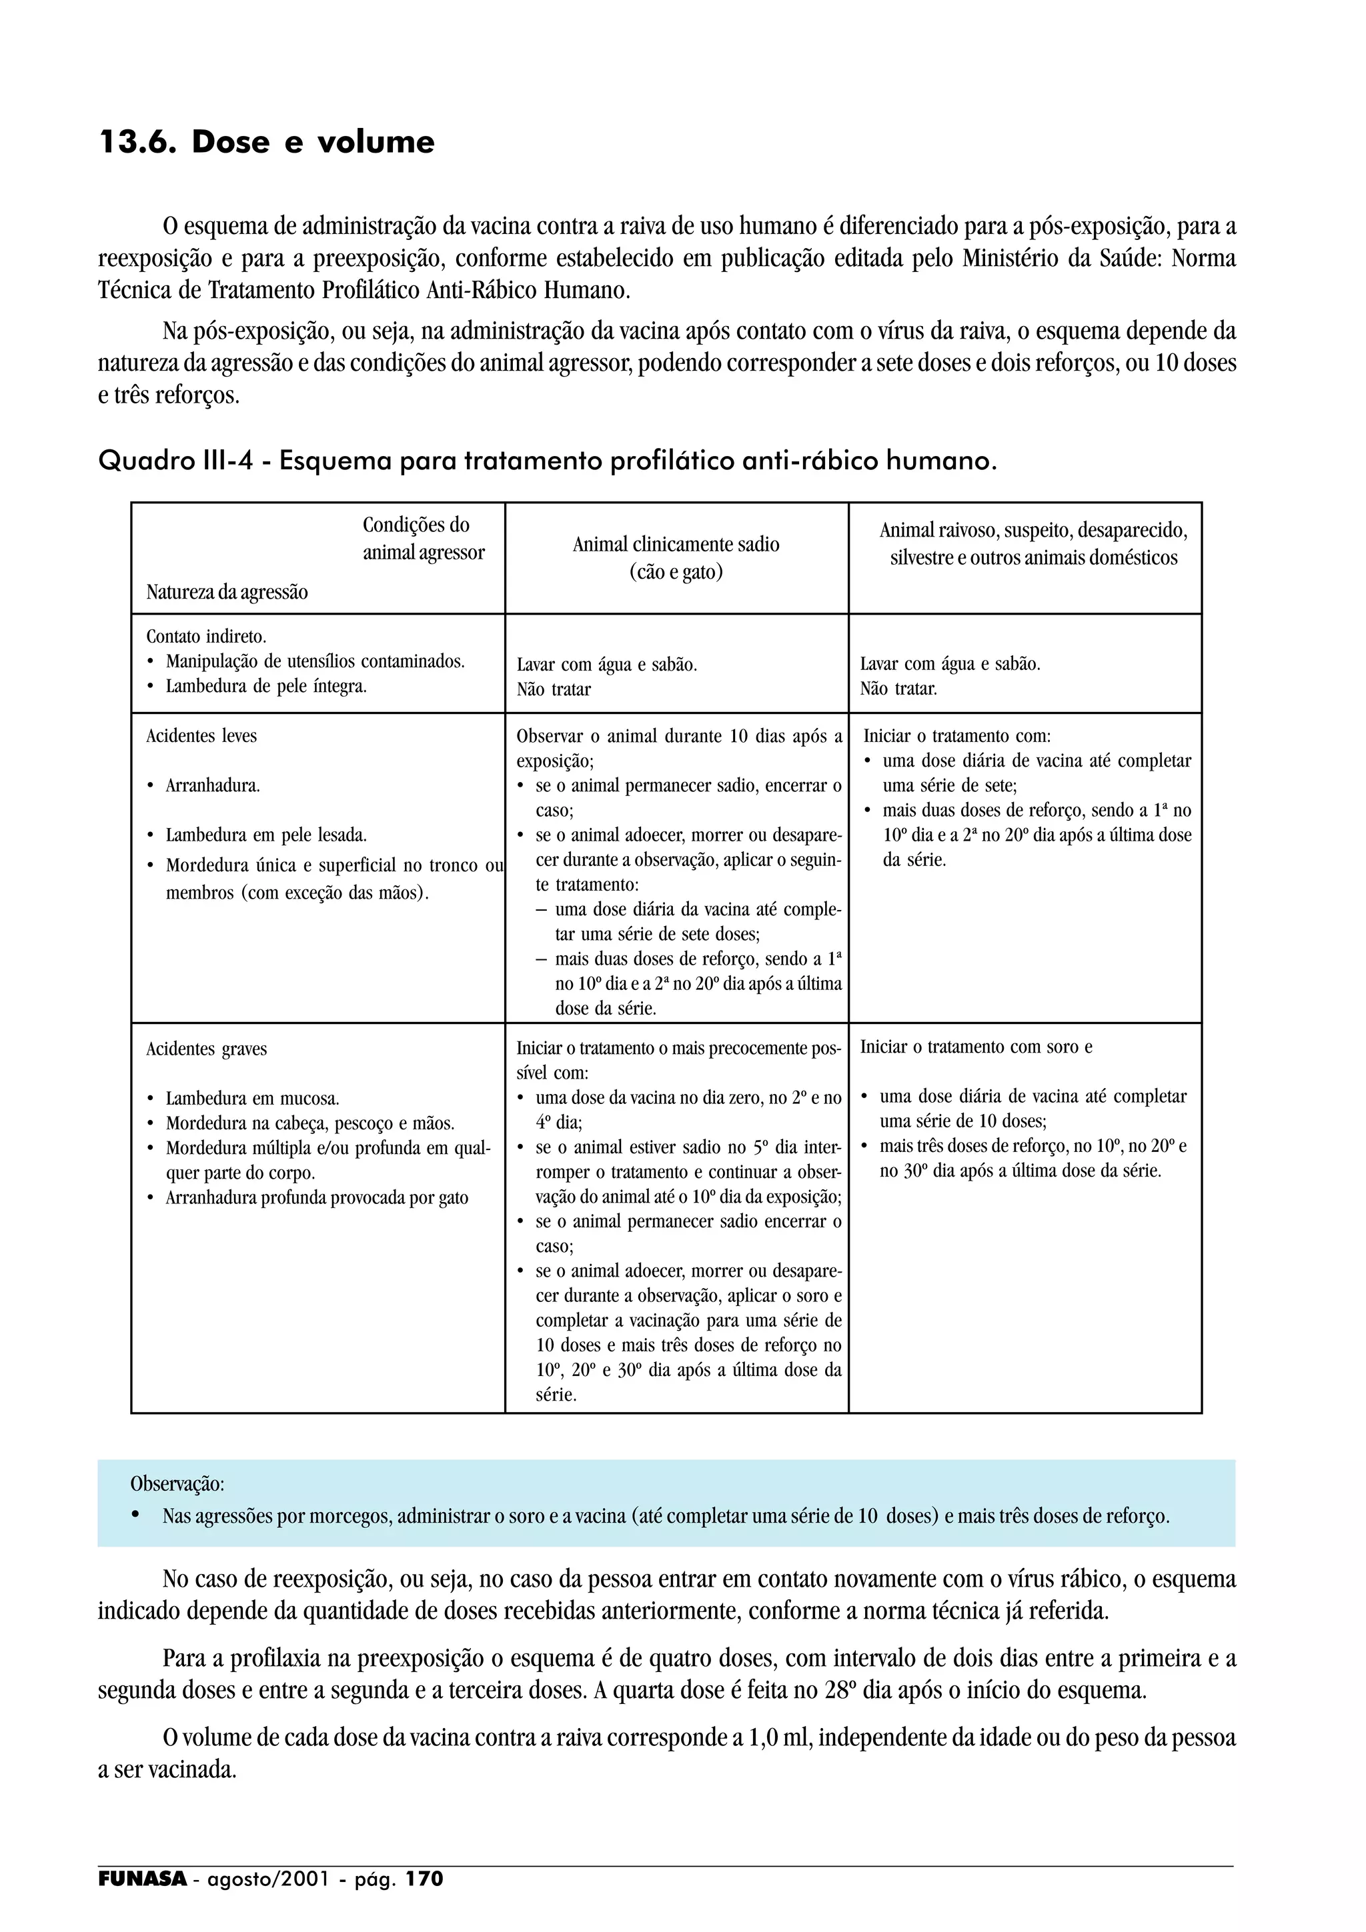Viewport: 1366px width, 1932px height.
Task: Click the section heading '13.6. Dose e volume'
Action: coord(267,142)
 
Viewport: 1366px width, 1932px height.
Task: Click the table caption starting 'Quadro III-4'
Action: coord(547,461)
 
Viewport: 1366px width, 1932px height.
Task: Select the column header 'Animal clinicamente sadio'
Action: coord(676,545)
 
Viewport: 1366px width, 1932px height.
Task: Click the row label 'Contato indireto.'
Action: coord(206,637)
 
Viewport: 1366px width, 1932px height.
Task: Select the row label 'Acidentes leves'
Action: coord(201,736)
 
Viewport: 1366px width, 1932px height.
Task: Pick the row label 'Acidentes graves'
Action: coord(206,1049)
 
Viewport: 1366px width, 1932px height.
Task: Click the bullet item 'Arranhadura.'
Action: coord(212,787)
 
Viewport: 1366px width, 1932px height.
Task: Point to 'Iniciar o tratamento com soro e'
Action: coord(975,1047)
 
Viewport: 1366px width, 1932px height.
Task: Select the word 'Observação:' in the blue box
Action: coord(177,1483)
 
